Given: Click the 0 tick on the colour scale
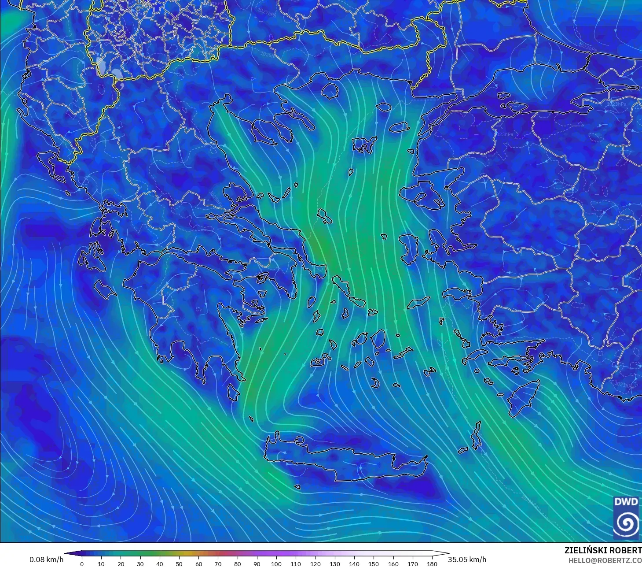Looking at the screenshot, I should (x=82, y=564).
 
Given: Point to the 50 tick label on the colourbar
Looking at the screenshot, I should (x=179, y=564).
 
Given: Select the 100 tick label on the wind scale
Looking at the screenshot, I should (x=276, y=564).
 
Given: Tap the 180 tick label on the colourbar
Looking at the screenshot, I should (x=432, y=564).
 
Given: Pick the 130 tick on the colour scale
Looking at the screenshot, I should (x=334, y=564).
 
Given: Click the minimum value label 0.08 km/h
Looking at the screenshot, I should (x=46, y=560).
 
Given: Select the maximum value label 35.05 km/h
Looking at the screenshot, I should (x=467, y=560).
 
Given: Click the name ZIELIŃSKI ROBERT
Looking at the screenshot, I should (x=603, y=550).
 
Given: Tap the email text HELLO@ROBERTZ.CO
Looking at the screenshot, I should (x=605, y=560).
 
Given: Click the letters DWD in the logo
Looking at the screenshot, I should (x=626, y=502).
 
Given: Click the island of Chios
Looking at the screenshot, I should (x=409, y=249).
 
